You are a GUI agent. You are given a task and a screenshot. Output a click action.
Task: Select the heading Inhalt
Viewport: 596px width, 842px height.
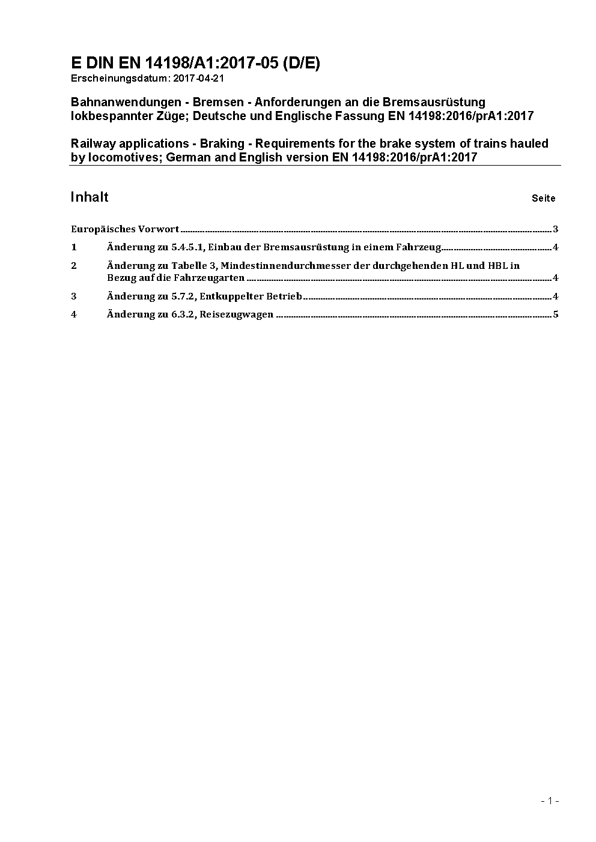[90, 197]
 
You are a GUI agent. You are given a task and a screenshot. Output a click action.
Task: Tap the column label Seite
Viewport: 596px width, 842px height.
[543, 198]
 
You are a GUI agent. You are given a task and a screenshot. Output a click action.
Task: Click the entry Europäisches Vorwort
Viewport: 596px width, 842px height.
[125, 229]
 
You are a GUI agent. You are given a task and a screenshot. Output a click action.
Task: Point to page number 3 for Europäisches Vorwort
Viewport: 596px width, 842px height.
[556, 229]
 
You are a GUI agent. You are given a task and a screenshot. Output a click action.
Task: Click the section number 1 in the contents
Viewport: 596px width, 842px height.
[74, 247]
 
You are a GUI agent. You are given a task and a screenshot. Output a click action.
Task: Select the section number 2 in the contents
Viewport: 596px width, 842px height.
[74, 265]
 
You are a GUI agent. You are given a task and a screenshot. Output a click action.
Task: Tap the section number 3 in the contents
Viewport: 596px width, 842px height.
[74, 296]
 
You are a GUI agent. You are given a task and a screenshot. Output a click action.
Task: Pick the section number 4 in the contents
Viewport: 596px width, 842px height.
[74, 314]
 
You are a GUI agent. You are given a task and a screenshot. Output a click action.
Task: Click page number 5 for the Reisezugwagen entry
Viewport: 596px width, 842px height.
[556, 314]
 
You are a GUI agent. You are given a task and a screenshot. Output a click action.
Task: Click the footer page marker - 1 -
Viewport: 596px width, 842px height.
[550, 801]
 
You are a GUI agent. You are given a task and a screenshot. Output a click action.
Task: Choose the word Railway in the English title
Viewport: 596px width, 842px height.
[92, 143]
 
